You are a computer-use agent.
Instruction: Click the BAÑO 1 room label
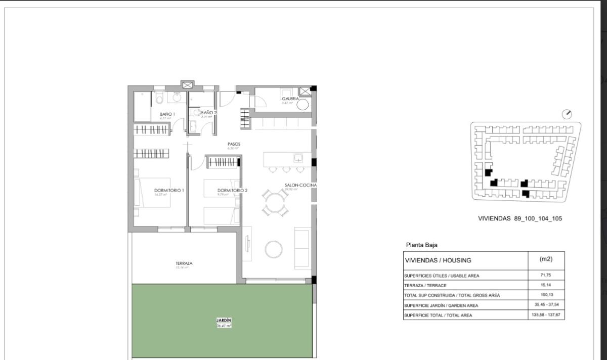point(167,115)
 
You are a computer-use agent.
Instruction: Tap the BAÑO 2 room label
point(208,113)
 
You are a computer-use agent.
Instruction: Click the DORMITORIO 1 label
point(169,191)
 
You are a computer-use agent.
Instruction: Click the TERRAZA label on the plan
point(184,263)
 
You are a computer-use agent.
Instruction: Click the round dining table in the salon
point(275,203)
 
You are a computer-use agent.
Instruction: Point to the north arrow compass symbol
point(567,114)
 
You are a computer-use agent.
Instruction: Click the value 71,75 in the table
point(546,276)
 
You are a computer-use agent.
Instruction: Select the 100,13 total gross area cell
point(546,295)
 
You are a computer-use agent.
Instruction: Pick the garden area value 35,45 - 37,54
point(546,305)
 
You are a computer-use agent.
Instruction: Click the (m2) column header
point(546,259)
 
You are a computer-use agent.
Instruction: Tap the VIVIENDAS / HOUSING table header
point(438,260)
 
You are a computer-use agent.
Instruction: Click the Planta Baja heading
point(421,245)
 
